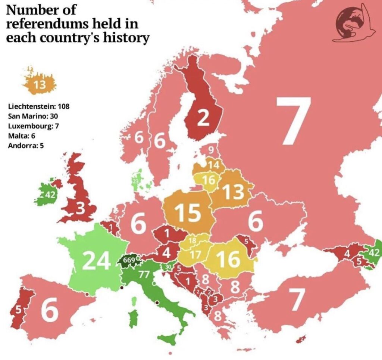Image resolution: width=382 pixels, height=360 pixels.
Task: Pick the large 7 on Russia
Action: (x=293, y=121)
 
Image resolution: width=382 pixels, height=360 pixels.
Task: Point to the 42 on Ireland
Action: (x=50, y=195)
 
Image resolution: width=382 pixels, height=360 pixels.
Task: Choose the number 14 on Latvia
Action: (x=213, y=165)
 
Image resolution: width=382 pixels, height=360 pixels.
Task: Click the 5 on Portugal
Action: (x=18, y=310)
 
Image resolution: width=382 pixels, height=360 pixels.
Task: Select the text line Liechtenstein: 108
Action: (x=39, y=106)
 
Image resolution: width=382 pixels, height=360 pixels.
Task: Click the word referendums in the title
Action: (x=49, y=24)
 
